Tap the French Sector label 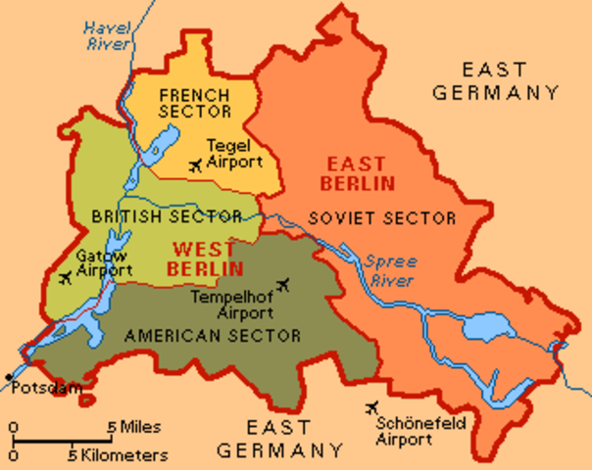(x=194, y=105)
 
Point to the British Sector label (x=152, y=215)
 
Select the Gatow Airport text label (x=104, y=262)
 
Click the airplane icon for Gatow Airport (x=66, y=279)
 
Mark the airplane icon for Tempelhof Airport (x=284, y=285)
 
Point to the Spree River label (x=389, y=271)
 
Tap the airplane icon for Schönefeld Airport (x=371, y=408)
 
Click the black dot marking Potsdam (x=8, y=377)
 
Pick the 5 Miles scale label (x=134, y=427)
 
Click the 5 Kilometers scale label (x=118, y=455)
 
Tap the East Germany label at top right (x=512, y=81)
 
